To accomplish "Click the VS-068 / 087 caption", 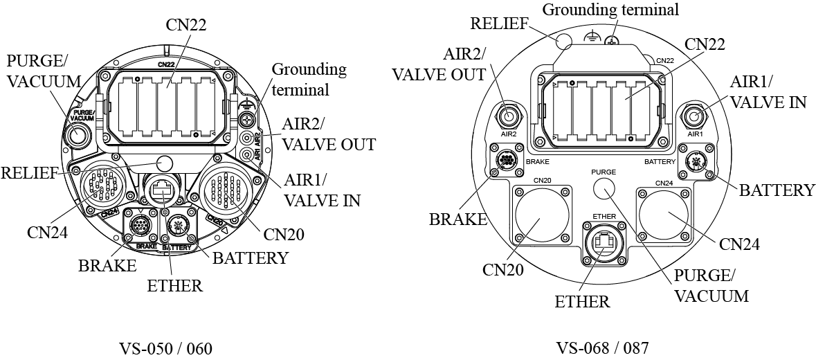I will coord(602,348).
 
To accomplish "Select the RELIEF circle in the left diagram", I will coord(165,163).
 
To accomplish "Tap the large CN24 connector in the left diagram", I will coord(100,188).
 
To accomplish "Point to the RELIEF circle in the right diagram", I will coord(565,39).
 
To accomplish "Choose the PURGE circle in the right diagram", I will coord(604,188).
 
